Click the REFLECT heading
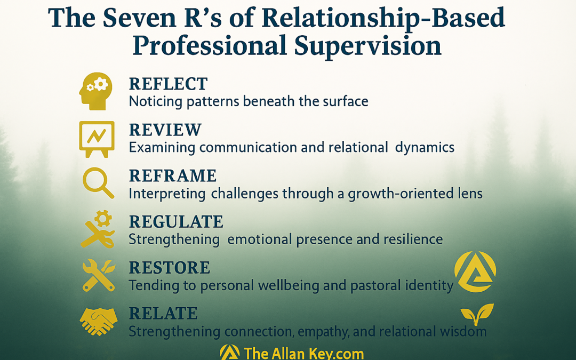[168, 84]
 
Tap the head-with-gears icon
[95, 91]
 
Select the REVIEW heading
[165, 130]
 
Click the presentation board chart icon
[97, 139]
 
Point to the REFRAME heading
[173, 176]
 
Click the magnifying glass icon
[98, 182]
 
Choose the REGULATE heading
[176, 222]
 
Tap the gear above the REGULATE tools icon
[103, 219]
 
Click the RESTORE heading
[170, 268]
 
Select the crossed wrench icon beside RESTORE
[99, 276]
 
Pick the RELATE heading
[163, 314]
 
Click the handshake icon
[99, 321]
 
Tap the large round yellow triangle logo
[475, 272]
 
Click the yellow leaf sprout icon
[477, 315]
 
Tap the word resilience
[413, 239]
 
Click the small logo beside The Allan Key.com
[229, 353]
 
